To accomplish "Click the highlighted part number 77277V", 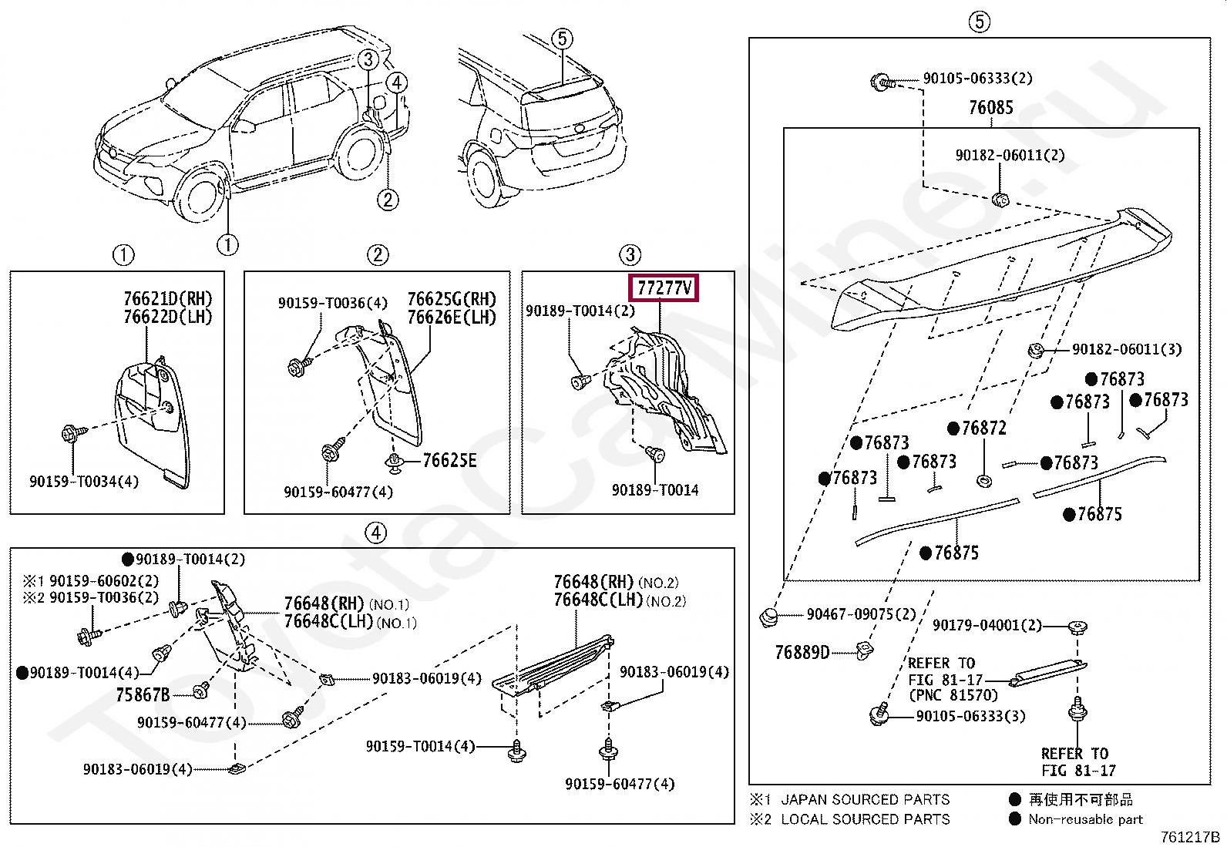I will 664,288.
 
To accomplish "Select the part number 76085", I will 990,108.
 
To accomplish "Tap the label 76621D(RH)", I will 167,299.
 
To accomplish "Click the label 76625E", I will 449,461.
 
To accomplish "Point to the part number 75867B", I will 143,695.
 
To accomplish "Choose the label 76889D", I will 802,653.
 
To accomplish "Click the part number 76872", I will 983,429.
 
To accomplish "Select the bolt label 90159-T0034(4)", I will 84,482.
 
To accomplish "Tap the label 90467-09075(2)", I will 861,614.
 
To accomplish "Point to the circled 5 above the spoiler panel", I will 979,22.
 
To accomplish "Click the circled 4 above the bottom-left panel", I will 375,533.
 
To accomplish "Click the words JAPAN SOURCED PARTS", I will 865,800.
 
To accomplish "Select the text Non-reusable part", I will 1085,819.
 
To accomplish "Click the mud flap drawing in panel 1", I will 151,420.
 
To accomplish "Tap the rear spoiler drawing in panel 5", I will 1002,270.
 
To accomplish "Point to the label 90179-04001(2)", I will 987,625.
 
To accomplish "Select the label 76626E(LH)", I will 452,318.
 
